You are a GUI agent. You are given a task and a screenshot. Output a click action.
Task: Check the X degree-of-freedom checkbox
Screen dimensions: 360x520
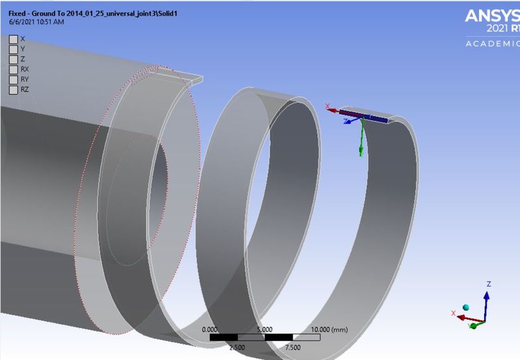point(13,38)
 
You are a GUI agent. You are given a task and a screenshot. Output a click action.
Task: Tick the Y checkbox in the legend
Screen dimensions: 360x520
point(13,49)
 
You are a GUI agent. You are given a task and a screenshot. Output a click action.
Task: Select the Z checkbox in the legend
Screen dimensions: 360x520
point(13,58)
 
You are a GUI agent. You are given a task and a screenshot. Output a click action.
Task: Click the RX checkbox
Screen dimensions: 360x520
point(13,69)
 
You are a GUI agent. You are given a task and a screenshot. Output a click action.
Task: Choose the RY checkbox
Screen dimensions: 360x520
point(13,79)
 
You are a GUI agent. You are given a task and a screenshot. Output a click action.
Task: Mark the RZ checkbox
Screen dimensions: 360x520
point(13,89)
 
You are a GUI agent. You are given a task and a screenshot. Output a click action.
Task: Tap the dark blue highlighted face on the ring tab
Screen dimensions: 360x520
point(364,116)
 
